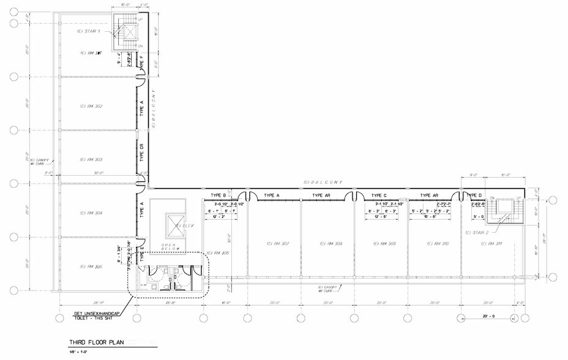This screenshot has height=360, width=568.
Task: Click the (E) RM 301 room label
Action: (x=90, y=53)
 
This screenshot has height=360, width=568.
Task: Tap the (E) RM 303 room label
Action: (x=90, y=160)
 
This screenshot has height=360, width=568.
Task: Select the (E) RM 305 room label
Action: (x=90, y=266)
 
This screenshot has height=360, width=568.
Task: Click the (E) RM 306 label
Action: (x=217, y=253)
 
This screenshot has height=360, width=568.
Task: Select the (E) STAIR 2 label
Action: (x=477, y=233)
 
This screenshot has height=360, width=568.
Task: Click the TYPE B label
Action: (x=219, y=195)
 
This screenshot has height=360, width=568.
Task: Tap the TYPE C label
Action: (x=379, y=195)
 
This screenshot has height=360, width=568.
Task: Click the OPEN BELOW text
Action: (x=168, y=247)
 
